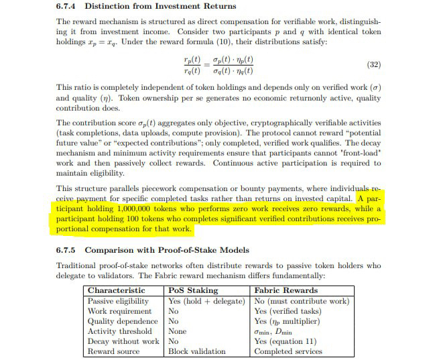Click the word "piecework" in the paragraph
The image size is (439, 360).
pos(172,188)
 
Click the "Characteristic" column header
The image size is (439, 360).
pos(116,290)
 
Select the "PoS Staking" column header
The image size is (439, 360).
pos(193,290)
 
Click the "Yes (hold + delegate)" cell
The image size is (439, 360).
pos(206,301)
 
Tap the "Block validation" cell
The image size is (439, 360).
pos(197,351)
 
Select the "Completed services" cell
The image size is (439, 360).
pos(288,351)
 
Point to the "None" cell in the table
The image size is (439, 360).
pos(178,331)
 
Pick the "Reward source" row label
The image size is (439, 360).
pos(114,351)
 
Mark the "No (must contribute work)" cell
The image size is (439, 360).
pos(302,301)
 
